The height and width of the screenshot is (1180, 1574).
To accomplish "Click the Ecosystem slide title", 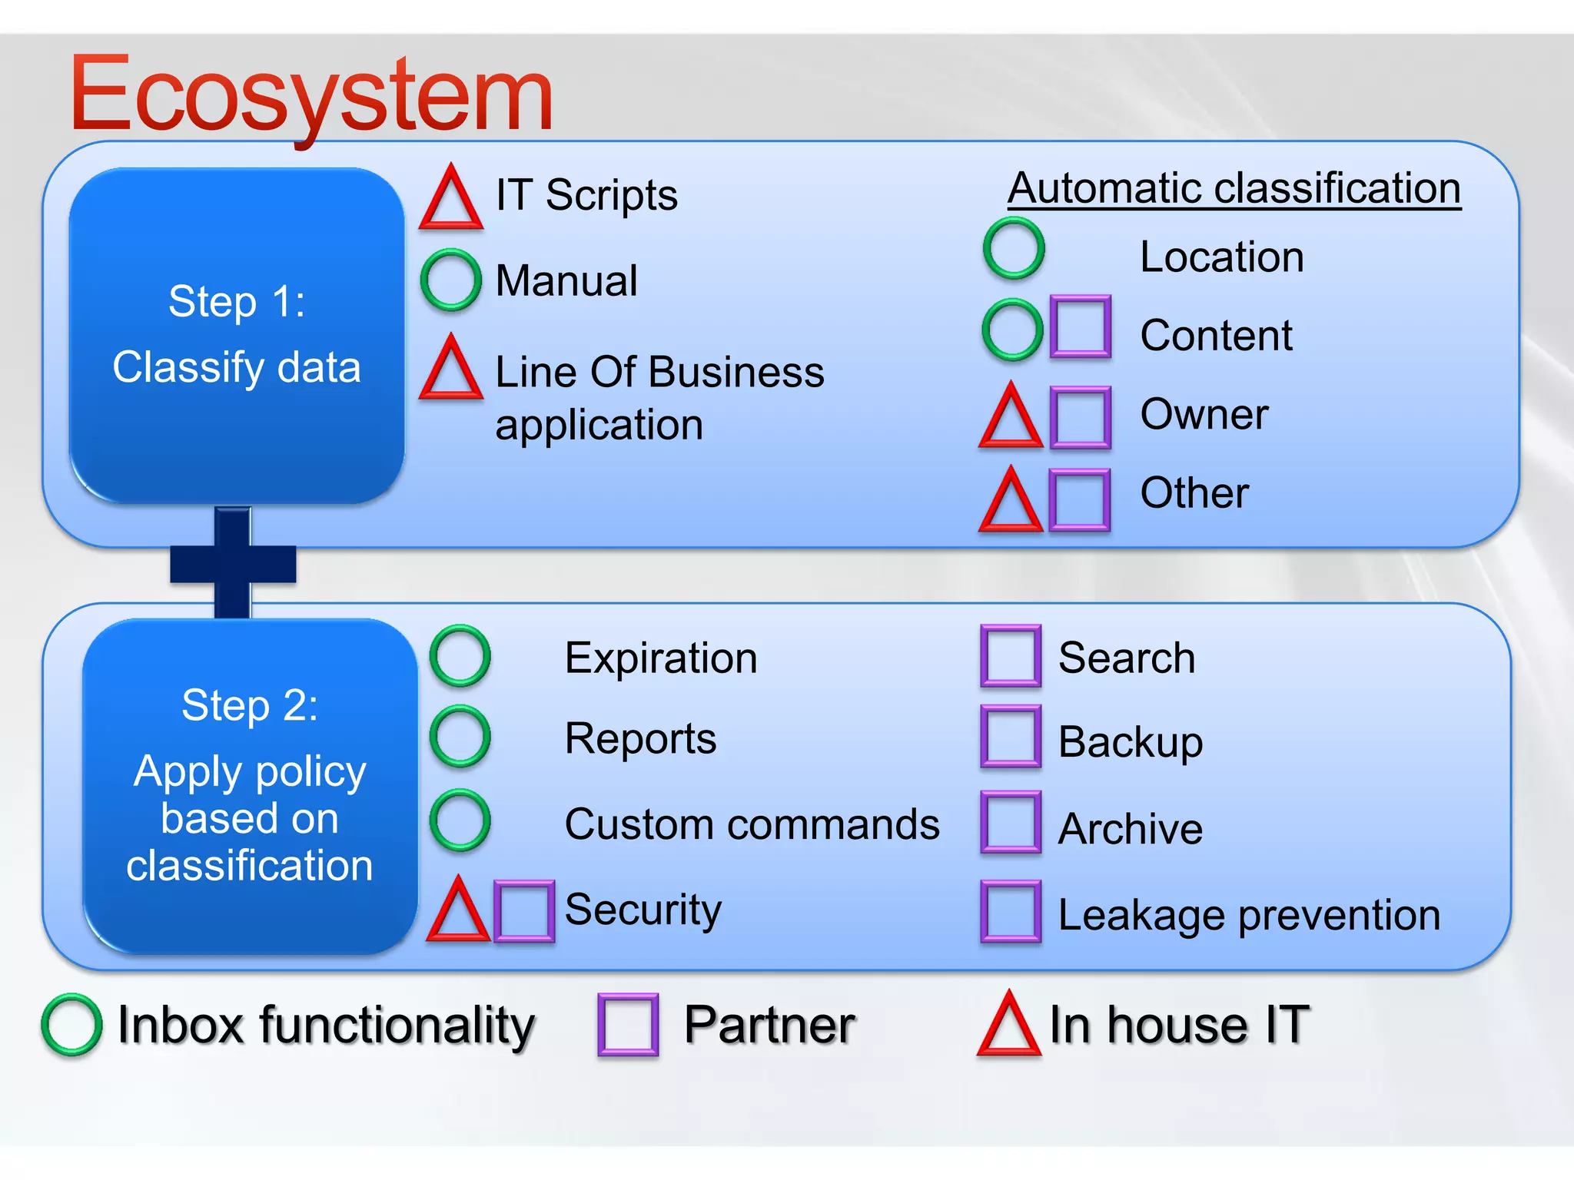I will click(310, 95).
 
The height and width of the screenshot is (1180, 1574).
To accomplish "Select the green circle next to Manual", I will click(451, 280).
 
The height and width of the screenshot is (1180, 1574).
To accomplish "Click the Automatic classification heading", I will click(1234, 188).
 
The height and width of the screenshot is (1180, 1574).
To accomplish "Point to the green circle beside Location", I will click(1014, 248).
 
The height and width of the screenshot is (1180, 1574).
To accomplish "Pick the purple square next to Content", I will click(1080, 326).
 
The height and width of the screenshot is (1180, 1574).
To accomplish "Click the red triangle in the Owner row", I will click(1011, 419).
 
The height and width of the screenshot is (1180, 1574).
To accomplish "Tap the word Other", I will click(1194, 492).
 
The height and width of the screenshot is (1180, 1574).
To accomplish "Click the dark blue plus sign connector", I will click(233, 563).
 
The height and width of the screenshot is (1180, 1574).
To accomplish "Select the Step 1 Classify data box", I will click(237, 336).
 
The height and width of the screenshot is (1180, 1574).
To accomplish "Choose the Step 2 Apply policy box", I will click(250, 786).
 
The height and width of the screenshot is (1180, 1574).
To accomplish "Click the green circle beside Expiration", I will click(460, 655).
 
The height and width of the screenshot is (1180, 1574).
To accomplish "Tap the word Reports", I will click(640, 738).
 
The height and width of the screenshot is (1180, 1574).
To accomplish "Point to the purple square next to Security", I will click(524, 911).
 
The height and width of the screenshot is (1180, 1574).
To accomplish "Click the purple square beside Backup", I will click(1011, 737).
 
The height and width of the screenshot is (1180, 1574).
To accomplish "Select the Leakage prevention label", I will click(1248, 914).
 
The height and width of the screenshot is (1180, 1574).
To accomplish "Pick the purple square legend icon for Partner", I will click(628, 1025).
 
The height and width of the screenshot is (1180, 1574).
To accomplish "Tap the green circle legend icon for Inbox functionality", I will click(71, 1025).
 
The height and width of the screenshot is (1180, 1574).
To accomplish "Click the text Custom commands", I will click(752, 824).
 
